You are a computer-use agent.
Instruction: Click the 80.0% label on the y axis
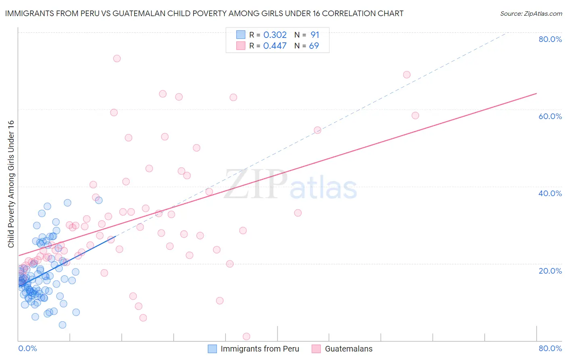pyautogui.click(x=550, y=39)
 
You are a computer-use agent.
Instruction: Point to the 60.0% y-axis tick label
pyautogui.click(x=550, y=116)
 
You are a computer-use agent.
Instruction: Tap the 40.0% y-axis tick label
pyautogui.click(x=550, y=193)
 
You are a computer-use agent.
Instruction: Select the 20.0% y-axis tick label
pyautogui.click(x=550, y=270)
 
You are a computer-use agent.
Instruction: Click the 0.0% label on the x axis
pyautogui.click(x=27, y=348)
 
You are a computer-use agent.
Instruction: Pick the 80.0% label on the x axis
pyautogui.click(x=550, y=348)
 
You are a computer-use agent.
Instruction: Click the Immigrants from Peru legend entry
pyautogui.click(x=260, y=349)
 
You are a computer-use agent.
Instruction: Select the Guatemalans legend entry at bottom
pyautogui.click(x=348, y=349)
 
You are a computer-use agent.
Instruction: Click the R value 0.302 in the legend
pyautogui.click(x=275, y=35)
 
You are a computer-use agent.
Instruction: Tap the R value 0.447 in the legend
pyautogui.click(x=275, y=46)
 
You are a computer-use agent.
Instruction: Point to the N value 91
pyautogui.click(x=315, y=35)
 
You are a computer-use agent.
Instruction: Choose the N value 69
pyautogui.click(x=314, y=46)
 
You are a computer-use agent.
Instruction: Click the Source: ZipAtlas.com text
pyautogui.click(x=531, y=14)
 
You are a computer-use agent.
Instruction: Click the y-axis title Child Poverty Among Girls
pyautogui.click(x=11, y=184)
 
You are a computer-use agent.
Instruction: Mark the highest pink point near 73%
pyautogui.click(x=117, y=59)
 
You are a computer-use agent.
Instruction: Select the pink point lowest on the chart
pyautogui.click(x=246, y=337)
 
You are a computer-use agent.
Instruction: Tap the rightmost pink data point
pyautogui.click(x=415, y=116)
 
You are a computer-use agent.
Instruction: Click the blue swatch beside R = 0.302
pyautogui.click(x=241, y=35)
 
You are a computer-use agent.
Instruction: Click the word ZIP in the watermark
pyautogui.click(x=256, y=184)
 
